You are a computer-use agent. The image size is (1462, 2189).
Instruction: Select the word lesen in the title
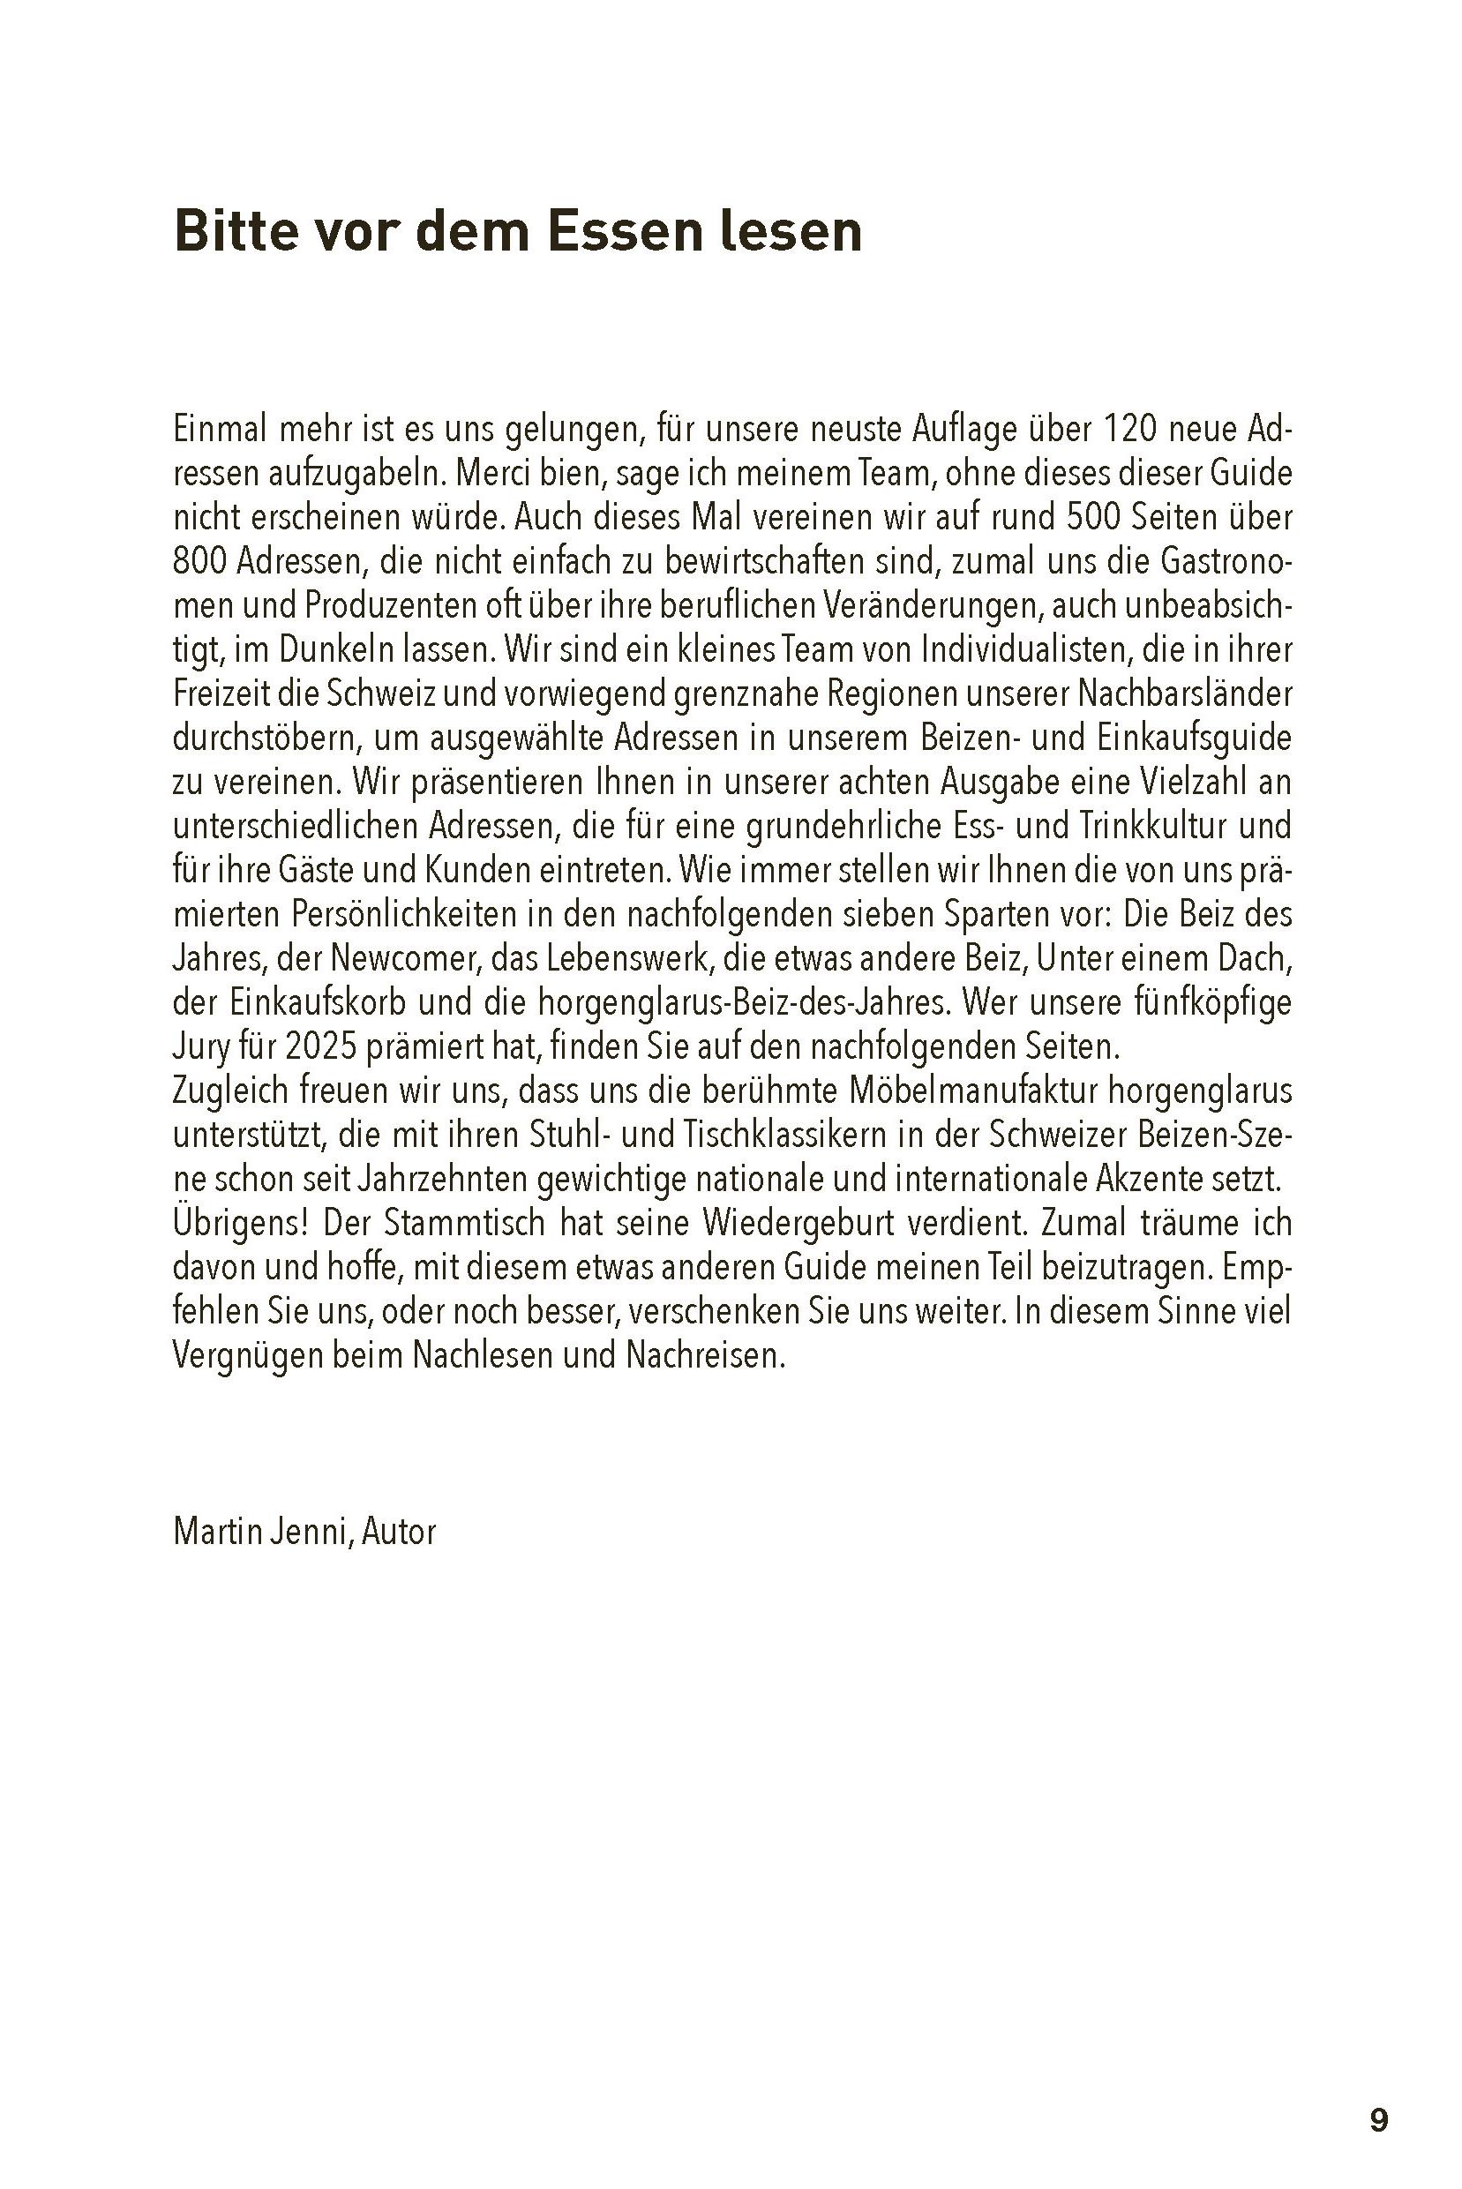click(791, 231)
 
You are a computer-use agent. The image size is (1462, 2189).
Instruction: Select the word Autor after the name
click(399, 1533)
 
